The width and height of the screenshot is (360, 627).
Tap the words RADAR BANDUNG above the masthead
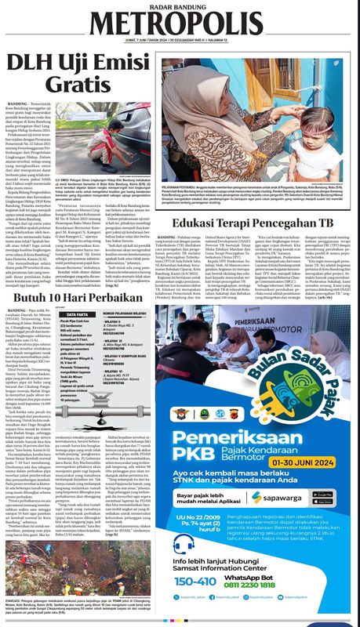pos(180,7)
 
